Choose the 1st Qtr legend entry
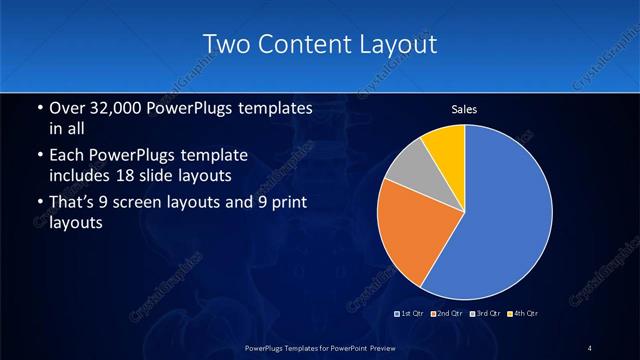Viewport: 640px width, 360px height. pyautogui.click(x=412, y=314)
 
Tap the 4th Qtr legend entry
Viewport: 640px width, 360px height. pyautogui.click(x=522, y=314)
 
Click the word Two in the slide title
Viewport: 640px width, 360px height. pyautogui.click(x=226, y=44)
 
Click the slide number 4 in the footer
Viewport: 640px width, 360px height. pyautogui.click(x=590, y=347)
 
